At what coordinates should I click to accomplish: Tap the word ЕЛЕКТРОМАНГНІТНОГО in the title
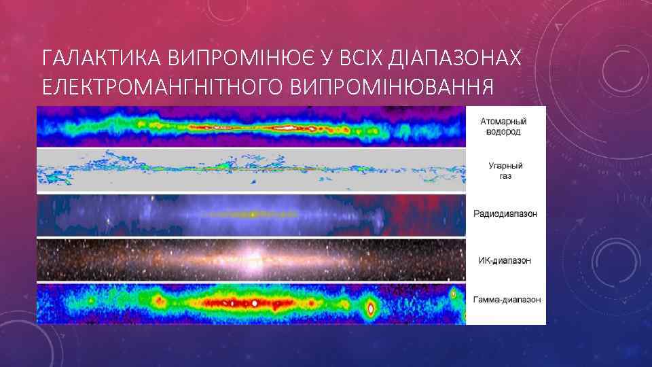point(162,88)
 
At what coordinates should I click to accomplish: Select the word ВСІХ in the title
point(359,59)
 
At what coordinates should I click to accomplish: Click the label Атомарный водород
point(503,126)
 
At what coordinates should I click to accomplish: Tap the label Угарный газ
point(505,171)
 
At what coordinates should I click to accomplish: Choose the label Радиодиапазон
point(505,213)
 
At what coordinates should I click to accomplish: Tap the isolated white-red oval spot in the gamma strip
point(371,308)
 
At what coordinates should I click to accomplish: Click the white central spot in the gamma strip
point(255,302)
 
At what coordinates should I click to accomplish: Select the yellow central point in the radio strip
point(253,215)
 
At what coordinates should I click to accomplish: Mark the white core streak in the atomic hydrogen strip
point(285,127)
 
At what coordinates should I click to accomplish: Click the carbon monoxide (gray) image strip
point(251,171)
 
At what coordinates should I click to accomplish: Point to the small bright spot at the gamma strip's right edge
point(453,294)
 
